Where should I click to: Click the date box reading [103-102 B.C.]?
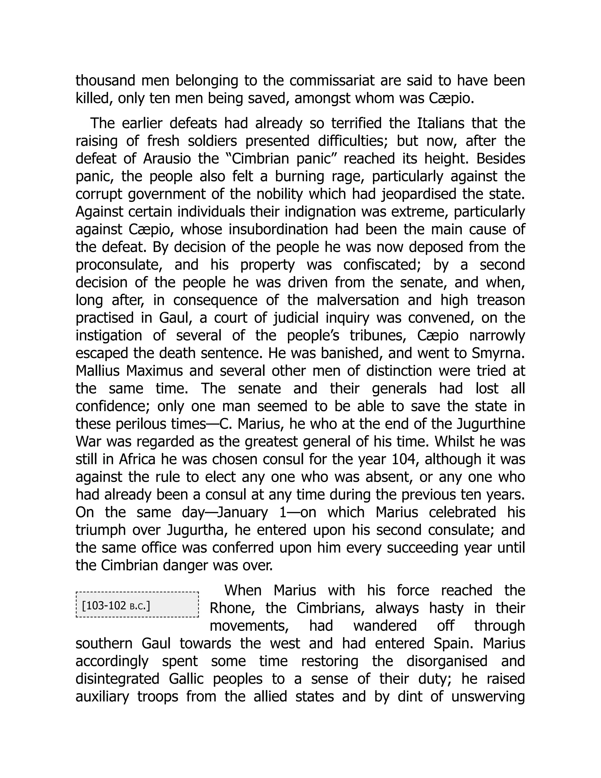coord(137,605)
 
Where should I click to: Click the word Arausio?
coord(167,159)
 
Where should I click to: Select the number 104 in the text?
coord(404,459)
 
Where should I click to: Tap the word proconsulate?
coord(119,265)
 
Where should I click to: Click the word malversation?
coord(357,300)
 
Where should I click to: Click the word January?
coord(242,513)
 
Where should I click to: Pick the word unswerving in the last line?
coord(488,697)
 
